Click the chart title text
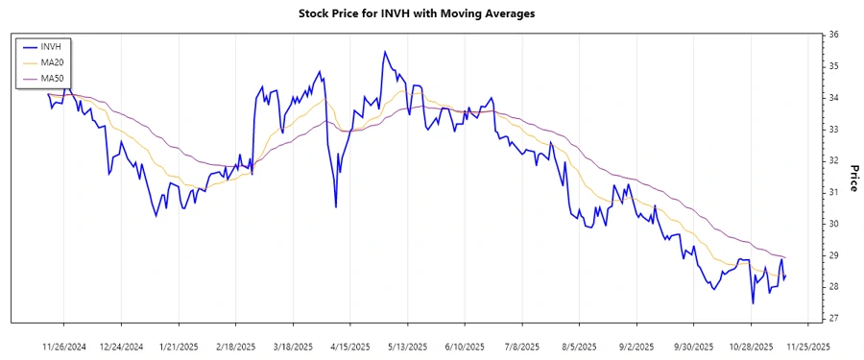[x=431, y=13]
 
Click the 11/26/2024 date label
[x=64, y=346]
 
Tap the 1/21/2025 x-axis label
[x=179, y=346]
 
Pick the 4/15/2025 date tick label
[x=351, y=346]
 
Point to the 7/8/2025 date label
[x=523, y=346]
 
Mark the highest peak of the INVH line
[x=384, y=52]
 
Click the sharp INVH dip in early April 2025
[x=335, y=206]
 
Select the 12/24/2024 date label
[x=122, y=346]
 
